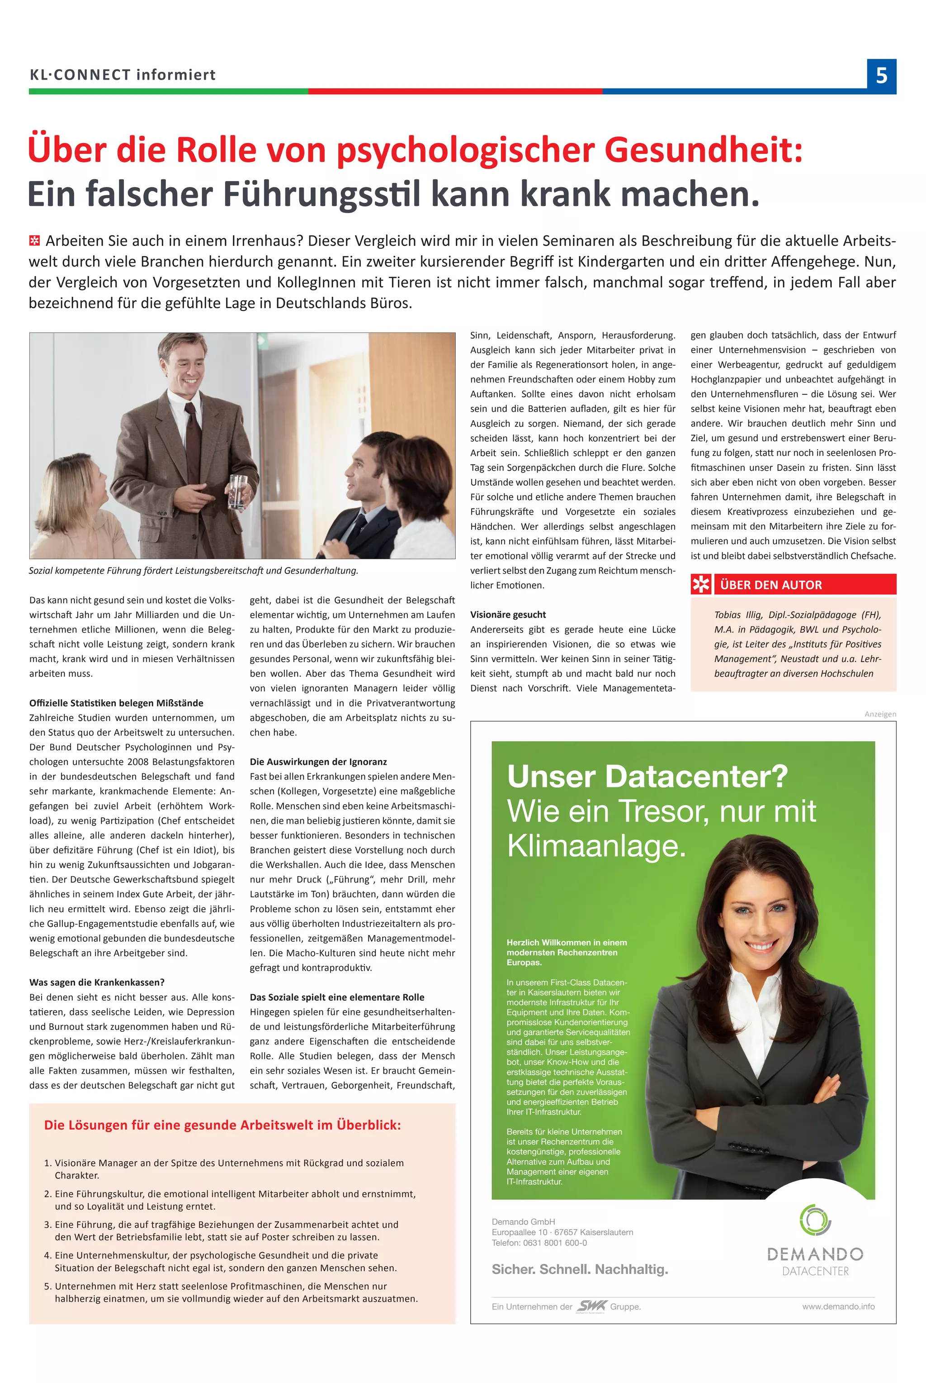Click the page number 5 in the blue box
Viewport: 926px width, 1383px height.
click(x=881, y=76)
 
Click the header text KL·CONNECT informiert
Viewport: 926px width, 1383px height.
click(x=123, y=75)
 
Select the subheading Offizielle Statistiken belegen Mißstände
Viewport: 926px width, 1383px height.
click(x=116, y=703)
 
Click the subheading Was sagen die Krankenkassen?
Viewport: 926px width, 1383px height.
click(x=97, y=982)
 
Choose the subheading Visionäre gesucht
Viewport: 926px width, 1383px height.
click(x=508, y=615)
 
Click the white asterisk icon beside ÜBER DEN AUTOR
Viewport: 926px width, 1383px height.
click(x=701, y=585)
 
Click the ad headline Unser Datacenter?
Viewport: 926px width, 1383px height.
click(x=647, y=777)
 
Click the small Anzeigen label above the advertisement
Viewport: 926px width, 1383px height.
click(x=880, y=714)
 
